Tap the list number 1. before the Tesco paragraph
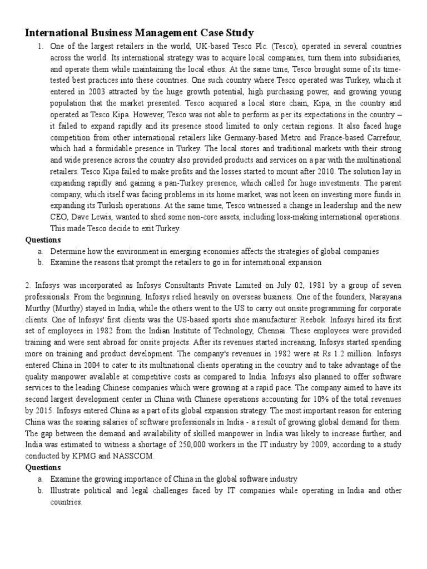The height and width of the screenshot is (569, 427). click(x=41, y=46)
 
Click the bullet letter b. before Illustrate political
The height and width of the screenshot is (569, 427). click(x=41, y=491)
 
